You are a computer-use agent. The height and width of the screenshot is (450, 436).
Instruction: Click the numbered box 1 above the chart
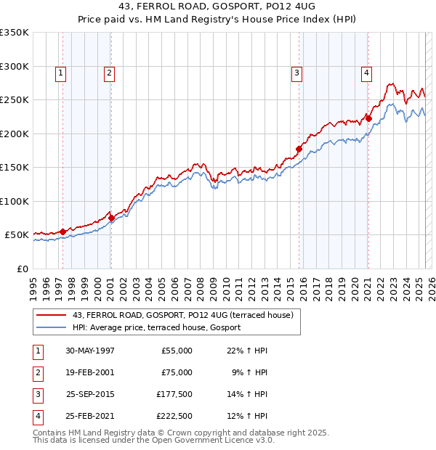(60, 72)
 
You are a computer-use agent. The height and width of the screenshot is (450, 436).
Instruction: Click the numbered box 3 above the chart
(297, 72)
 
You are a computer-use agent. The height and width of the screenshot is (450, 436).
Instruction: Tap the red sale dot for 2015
(299, 149)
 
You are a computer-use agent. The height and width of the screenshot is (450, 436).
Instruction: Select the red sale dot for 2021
(368, 118)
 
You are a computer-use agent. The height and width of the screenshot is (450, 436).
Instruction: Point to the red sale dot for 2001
(111, 218)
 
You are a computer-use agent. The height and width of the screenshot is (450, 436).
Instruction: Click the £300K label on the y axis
(15, 66)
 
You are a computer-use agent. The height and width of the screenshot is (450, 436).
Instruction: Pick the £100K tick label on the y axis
(15, 201)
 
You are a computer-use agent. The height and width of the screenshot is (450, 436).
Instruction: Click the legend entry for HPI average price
(157, 328)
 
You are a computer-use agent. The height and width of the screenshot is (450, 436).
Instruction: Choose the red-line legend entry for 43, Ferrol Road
(182, 315)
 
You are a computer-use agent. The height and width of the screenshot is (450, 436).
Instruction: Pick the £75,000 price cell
(177, 372)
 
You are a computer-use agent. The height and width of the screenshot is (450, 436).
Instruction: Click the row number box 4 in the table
(36, 416)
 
